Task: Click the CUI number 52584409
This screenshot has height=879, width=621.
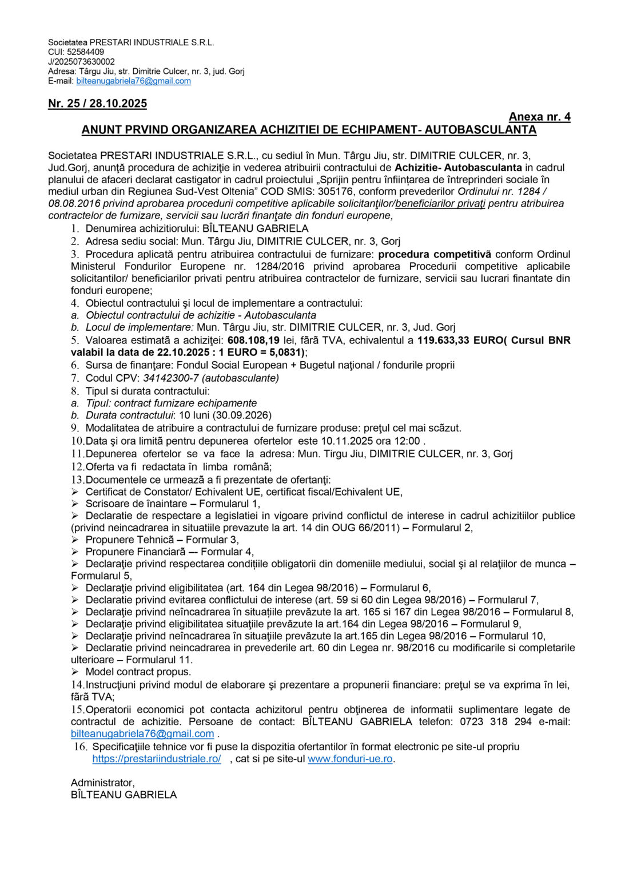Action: (x=86, y=52)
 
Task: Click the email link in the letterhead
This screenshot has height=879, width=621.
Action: (x=133, y=81)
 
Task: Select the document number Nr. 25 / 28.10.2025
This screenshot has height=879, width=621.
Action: (x=97, y=104)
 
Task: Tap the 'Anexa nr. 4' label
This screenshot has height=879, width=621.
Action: (x=539, y=117)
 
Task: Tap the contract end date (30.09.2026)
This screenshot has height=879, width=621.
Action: (x=242, y=415)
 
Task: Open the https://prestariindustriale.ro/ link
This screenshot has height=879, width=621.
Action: (x=157, y=759)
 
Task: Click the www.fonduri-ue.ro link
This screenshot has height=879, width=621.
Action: (x=350, y=759)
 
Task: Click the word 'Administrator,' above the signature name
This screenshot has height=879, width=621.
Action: (x=103, y=783)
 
